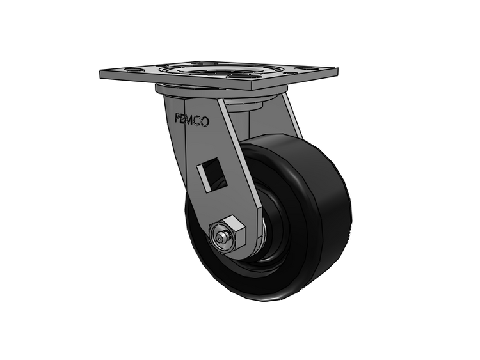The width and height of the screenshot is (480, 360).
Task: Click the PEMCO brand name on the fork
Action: click(192, 120)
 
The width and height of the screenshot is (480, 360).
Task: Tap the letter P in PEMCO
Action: click(178, 118)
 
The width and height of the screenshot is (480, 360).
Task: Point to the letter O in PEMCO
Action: click(205, 122)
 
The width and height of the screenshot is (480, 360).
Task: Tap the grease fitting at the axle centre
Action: click(220, 237)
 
